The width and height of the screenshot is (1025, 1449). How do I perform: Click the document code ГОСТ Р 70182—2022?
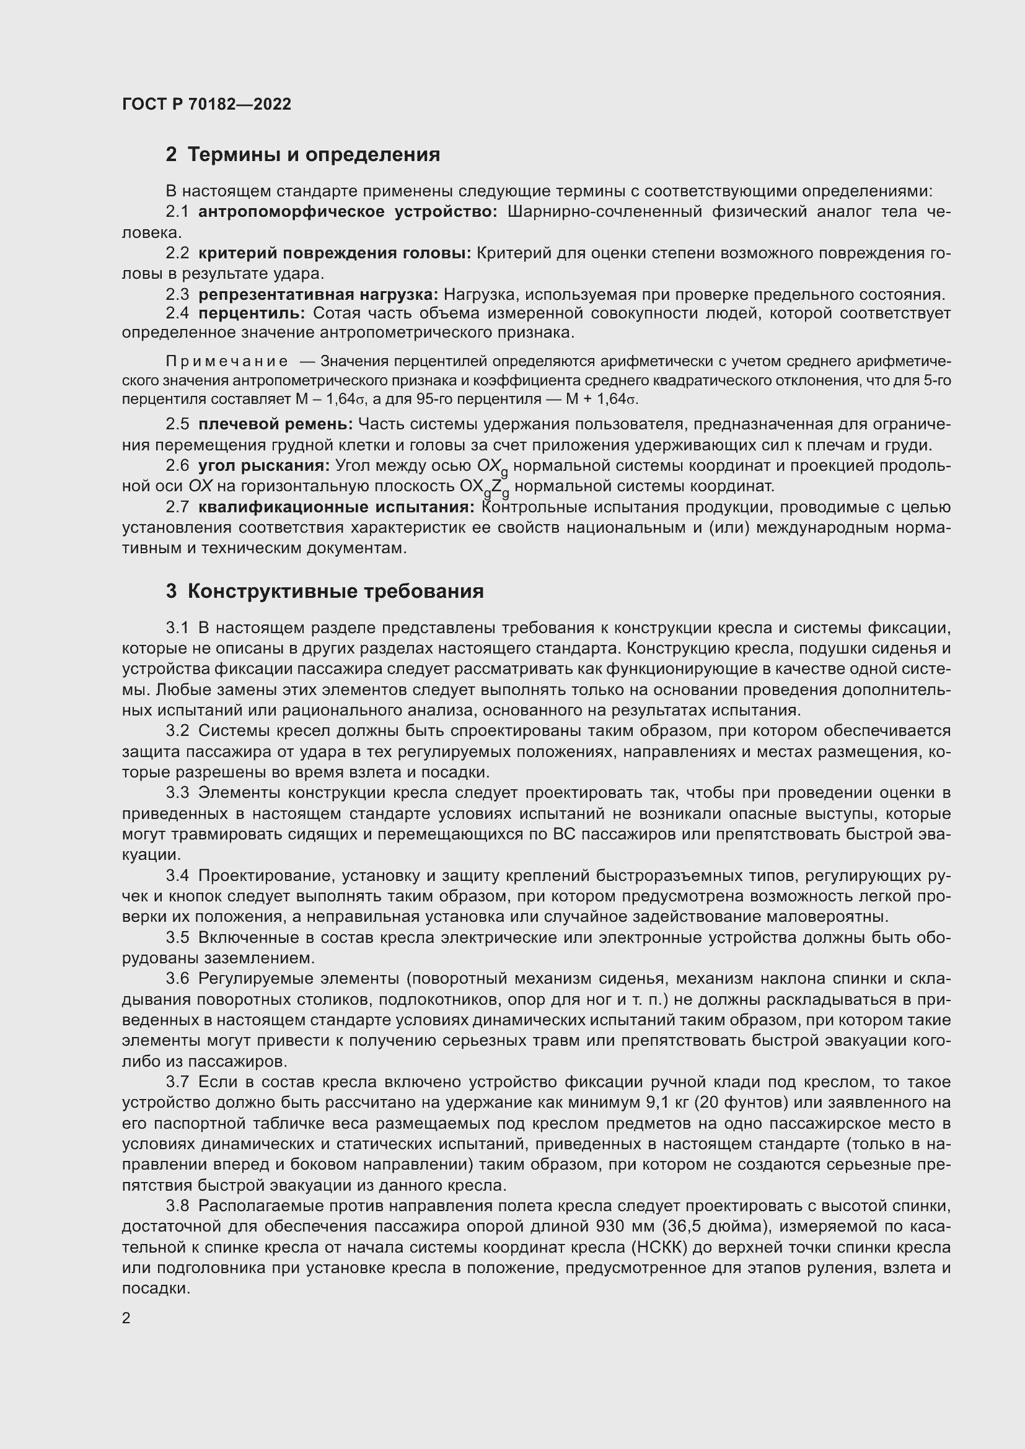(x=206, y=104)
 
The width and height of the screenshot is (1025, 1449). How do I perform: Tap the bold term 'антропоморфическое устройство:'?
(x=348, y=212)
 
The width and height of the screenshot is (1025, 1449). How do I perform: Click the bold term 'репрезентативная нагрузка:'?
(x=318, y=294)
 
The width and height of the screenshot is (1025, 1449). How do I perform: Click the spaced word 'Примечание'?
(x=227, y=362)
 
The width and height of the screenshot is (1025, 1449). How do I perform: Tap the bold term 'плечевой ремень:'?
(x=276, y=424)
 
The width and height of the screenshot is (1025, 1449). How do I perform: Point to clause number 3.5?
(x=177, y=938)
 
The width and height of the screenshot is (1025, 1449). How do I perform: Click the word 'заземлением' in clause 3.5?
(x=260, y=958)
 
